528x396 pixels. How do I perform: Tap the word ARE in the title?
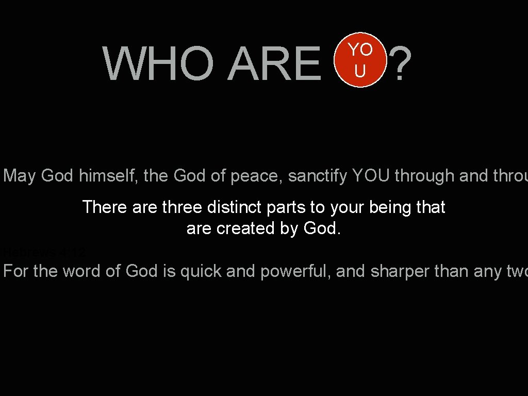[274, 64]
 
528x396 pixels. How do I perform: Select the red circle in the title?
[360, 60]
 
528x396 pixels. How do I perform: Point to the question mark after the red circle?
[400, 64]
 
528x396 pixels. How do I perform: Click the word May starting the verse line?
[20, 176]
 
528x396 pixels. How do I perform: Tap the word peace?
[255, 176]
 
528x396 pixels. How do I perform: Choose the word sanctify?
[318, 176]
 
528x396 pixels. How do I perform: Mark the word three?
[182, 207]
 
